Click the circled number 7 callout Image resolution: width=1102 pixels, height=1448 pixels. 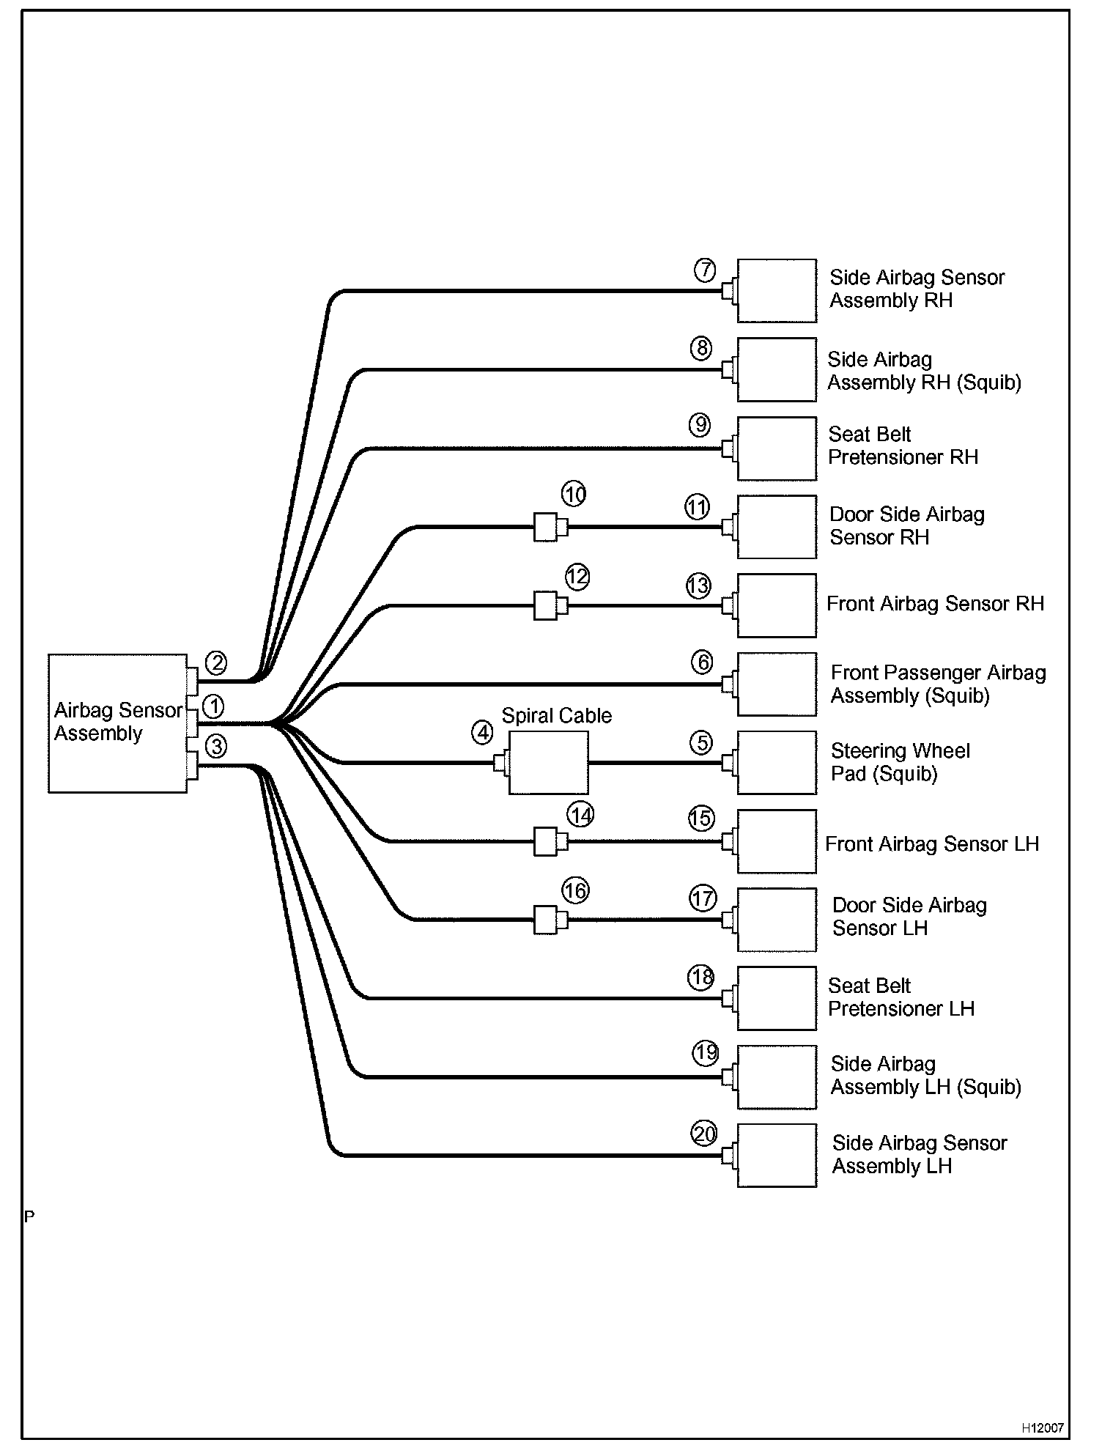(x=705, y=270)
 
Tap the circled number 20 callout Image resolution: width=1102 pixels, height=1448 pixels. (x=704, y=1134)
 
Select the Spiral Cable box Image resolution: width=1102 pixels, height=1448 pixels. (x=548, y=763)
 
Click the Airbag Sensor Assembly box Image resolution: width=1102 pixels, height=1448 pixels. (x=117, y=723)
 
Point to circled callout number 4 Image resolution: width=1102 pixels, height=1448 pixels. (x=482, y=732)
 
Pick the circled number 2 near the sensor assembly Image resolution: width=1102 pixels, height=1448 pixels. (x=216, y=663)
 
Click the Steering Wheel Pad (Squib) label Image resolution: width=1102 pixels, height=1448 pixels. (x=900, y=762)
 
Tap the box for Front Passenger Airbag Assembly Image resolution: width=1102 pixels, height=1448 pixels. (x=777, y=684)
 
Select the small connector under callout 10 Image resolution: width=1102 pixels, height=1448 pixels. (x=547, y=527)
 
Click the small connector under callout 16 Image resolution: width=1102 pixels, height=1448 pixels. (x=547, y=920)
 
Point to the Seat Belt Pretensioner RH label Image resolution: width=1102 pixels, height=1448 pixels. (x=903, y=446)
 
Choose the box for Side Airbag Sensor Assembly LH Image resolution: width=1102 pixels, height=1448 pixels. (x=777, y=1155)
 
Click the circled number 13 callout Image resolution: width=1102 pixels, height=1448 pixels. (x=698, y=586)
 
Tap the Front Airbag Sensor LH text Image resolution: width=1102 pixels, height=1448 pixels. (x=932, y=844)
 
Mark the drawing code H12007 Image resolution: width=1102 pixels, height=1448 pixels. (x=1043, y=1428)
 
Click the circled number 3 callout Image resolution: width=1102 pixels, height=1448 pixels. (x=216, y=747)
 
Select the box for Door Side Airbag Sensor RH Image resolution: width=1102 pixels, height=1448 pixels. (x=777, y=527)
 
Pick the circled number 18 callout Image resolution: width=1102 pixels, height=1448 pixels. (x=701, y=977)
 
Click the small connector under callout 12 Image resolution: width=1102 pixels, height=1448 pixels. (x=547, y=606)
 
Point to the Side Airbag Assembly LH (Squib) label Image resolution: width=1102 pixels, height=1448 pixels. (x=925, y=1076)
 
